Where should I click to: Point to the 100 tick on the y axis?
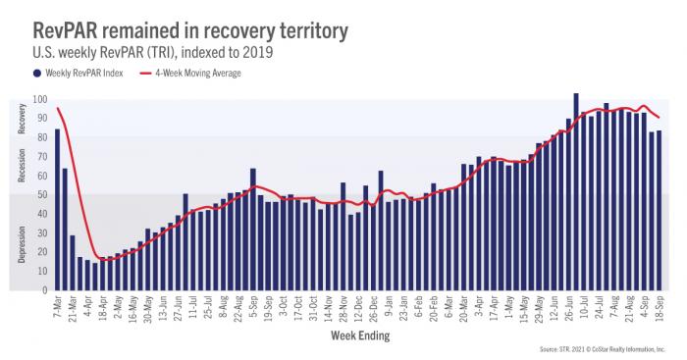pos(41,99)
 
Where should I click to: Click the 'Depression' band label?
pos(23,243)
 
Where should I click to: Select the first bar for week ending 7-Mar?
pos(57,210)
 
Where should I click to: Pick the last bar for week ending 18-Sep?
pos(659,211)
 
